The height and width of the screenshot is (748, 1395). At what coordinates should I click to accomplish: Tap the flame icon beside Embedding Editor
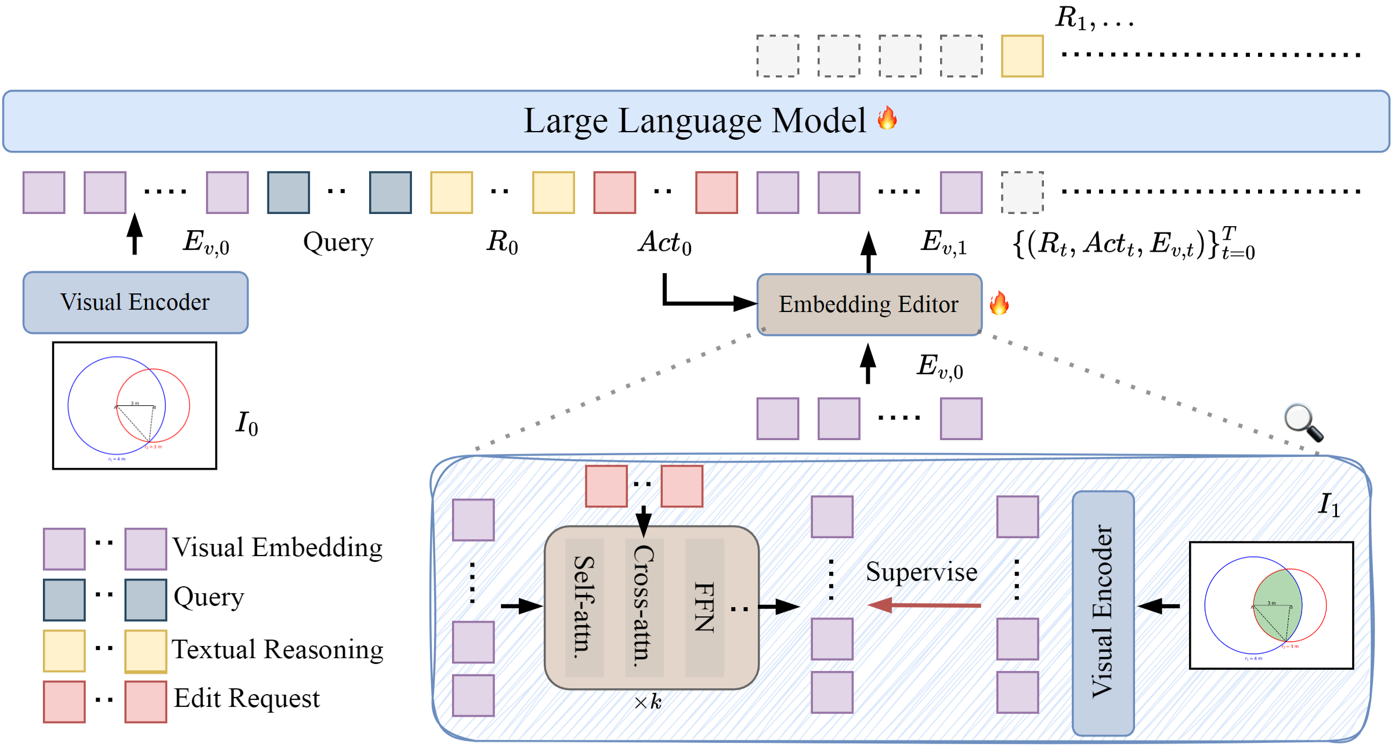999,303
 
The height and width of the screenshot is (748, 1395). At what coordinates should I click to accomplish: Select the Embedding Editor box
869,304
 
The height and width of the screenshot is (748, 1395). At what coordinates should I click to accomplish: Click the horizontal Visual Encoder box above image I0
135,302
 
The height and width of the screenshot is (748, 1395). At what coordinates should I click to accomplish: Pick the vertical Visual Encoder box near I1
1103,612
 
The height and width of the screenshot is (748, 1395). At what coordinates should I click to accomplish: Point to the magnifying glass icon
1303,422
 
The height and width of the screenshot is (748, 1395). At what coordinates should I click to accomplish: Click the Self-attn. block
584,607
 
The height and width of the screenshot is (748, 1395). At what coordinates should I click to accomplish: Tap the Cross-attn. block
644,607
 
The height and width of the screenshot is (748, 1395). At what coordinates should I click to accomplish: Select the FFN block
704,607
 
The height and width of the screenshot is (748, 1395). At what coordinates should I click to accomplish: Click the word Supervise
921,572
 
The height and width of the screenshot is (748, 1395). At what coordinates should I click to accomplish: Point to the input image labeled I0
135,405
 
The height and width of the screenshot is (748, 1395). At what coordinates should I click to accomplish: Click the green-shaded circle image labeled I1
1271,605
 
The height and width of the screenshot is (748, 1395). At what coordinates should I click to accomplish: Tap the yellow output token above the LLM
1022,56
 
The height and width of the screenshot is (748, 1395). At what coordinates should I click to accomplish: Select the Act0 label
664,242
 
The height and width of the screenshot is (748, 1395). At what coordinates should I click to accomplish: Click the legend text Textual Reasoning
277,649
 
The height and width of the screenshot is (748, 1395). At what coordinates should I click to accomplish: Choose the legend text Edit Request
247,698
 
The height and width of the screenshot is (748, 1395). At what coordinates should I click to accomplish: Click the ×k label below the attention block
648,702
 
